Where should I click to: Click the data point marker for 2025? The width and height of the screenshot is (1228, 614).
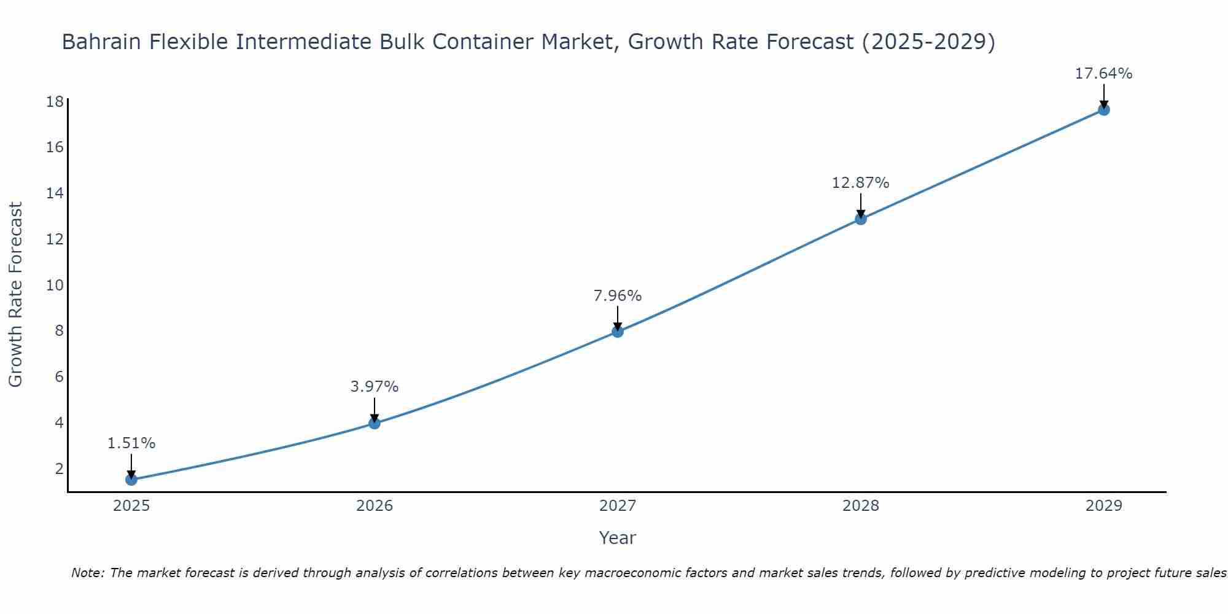(131, 480)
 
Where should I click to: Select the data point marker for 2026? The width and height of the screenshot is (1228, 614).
(375, 423)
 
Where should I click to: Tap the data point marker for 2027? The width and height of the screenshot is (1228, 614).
(618, 332)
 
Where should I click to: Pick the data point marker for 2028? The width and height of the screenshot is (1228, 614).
(861, 219)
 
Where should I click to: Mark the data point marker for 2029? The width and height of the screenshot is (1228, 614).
(1103, 110)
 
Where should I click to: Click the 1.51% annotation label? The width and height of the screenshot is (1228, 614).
(131, 443)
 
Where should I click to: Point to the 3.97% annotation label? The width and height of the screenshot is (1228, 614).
(375, 387)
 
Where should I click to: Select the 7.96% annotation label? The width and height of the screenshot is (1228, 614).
(618, 296)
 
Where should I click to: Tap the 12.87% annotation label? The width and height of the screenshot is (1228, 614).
(861, 183)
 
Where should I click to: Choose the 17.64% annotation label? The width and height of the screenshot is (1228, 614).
(1103, 74)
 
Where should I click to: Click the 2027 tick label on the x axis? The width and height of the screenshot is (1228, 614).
(618, 506)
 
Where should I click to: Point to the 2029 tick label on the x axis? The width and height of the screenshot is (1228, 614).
(1103, 506)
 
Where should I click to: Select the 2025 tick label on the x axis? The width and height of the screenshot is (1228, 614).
(131, 506)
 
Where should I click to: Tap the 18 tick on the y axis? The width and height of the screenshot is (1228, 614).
(55, 101)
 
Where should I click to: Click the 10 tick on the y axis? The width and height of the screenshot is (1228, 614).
(55, 285)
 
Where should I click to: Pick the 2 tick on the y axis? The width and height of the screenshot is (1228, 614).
(59, 468)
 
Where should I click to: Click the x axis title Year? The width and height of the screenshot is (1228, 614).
(618, 538)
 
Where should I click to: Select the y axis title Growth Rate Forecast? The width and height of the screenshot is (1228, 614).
(15, 295)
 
